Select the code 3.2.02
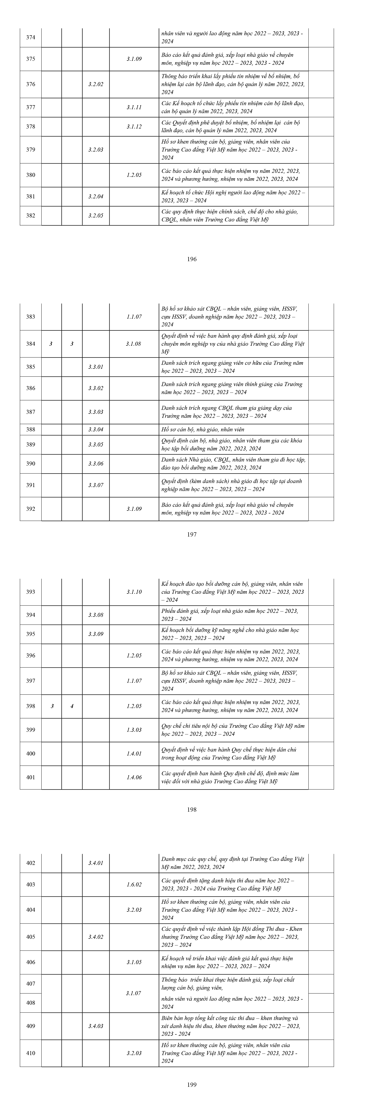click(x=96, y=84)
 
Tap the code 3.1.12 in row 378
click(x=134, y=126)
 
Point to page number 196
click(x=192, y=259)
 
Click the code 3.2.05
click(x=96, y=215)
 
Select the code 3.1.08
click(x=134, y=344)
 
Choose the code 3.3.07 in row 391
click(x=96, y=485)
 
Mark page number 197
click(x=192, y=534)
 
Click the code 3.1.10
click(x=134, y=592)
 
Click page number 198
click(x=192, y=809)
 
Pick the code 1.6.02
click(x=134, y=884)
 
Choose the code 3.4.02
click(x=96, y=937)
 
